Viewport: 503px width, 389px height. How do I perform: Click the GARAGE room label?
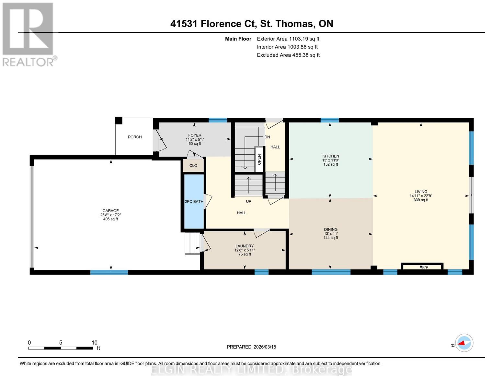coord(110,211)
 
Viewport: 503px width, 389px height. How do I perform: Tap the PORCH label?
coord(135,137)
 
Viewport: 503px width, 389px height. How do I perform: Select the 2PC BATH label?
coord(194,202)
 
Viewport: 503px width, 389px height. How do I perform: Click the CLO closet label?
coord(193,166)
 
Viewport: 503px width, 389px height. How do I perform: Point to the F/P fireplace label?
coord(425,267)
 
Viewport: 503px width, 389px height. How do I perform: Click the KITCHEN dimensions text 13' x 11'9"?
coord(330,160)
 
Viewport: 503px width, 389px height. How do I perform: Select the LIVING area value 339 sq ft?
coord(421,200)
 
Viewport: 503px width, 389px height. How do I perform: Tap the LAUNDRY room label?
coord(244,246)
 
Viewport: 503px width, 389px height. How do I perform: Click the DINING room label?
coord(330,230)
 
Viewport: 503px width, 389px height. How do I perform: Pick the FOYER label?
coord(195,136)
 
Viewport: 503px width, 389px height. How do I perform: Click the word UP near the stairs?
coord(248,202)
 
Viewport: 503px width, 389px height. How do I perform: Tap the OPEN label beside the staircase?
coord(259,159)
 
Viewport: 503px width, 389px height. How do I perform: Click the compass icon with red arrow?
coord(464,343)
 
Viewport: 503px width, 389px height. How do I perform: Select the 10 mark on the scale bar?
coord(94,343)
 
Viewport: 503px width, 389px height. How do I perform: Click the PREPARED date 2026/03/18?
coord(251,347)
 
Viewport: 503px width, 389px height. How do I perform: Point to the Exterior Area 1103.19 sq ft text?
coord(288,39)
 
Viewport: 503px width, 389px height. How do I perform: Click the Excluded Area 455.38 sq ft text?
coord(288,55)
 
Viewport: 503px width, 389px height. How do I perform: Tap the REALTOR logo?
coord(29,34)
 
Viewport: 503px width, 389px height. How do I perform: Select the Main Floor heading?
coord(238,39)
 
